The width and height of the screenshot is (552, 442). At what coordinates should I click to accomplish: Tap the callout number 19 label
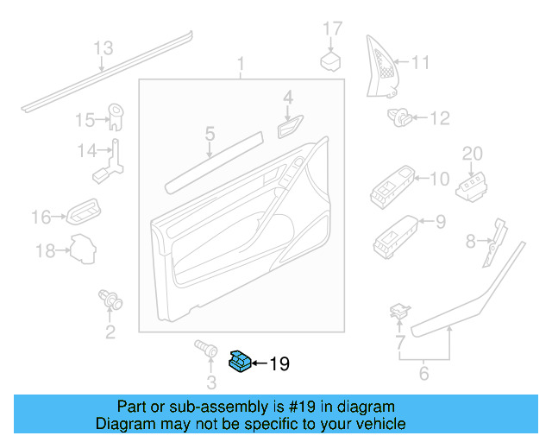click(279, 364)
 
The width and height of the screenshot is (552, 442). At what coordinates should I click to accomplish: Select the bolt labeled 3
click(205, 349)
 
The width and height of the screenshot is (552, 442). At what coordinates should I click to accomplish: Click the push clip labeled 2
click(110, 300)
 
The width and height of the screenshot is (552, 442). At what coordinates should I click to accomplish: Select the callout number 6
click(423, 374)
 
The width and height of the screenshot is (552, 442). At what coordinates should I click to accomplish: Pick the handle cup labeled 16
click(84, 210)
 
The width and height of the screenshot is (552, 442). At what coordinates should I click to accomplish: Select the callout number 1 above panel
click(241, 64)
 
